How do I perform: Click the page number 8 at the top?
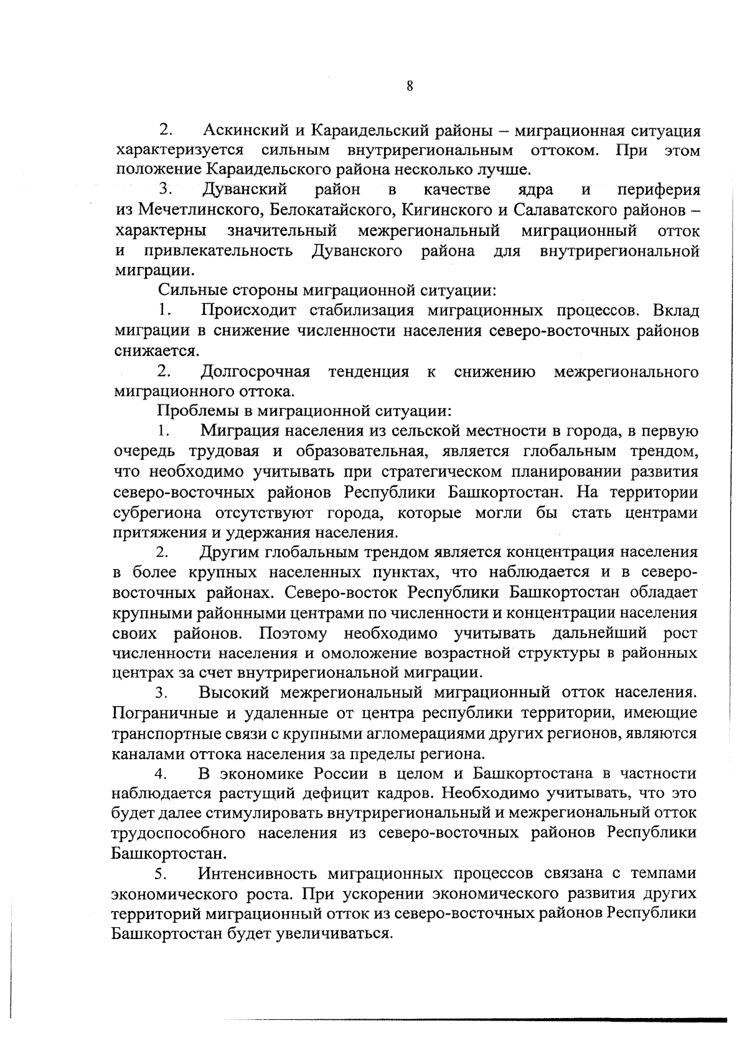click(x=410, y=86)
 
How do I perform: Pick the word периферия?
click(x=659, y=190)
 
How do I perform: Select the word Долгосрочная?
click(x=255, y=372)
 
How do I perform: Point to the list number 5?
click(x=160, y=874)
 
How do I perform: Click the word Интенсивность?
click(x=258, y=874)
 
